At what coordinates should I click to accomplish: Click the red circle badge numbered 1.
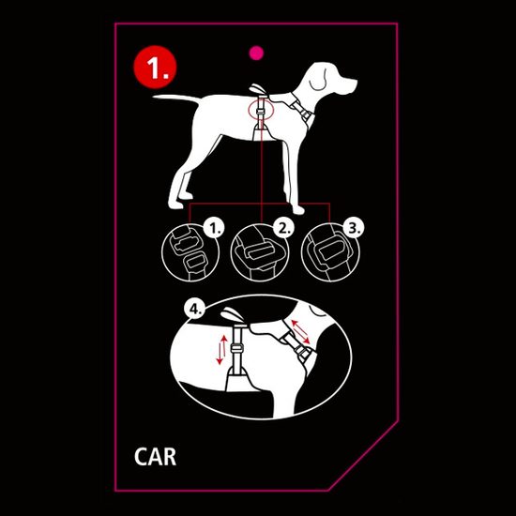[154, 66]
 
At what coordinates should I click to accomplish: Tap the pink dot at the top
[253, 53]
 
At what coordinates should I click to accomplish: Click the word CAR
[155, 458]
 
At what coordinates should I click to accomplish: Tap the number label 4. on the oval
[194, 308]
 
